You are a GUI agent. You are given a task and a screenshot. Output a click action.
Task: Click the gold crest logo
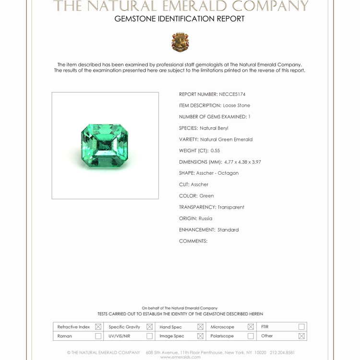[180, 42]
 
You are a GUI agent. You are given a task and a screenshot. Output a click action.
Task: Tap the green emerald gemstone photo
[105, 145]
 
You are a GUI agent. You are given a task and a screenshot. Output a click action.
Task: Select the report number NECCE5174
[232, 95]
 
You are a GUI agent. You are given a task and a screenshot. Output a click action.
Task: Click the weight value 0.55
[215, 151]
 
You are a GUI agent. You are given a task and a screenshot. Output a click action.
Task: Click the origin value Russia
[205, 218]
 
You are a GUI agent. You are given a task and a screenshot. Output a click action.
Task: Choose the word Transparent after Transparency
[231, 207]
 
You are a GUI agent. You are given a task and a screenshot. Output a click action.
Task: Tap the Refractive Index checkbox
[98, 327]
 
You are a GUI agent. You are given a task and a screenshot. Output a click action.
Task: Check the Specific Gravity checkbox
[149, 327]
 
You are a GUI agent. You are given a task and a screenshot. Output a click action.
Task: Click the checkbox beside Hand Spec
[200, 327]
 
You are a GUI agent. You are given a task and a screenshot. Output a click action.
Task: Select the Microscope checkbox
[250, 327]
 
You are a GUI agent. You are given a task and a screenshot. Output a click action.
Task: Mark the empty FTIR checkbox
[301, 327]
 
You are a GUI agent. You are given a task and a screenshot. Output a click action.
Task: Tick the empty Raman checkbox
[98, 336]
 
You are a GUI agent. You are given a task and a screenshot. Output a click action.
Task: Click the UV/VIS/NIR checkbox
[149, 336]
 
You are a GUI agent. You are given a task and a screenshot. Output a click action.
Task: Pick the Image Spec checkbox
[200, 336]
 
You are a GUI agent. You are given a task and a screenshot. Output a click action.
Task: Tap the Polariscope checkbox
[250, 336]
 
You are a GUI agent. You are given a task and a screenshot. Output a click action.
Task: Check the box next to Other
[301, 336]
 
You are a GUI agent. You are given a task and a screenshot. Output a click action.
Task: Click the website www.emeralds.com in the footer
[180, 357]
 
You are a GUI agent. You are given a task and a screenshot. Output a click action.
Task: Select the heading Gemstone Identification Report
[180, 19]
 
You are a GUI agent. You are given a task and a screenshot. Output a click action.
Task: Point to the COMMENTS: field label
[193, 241]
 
